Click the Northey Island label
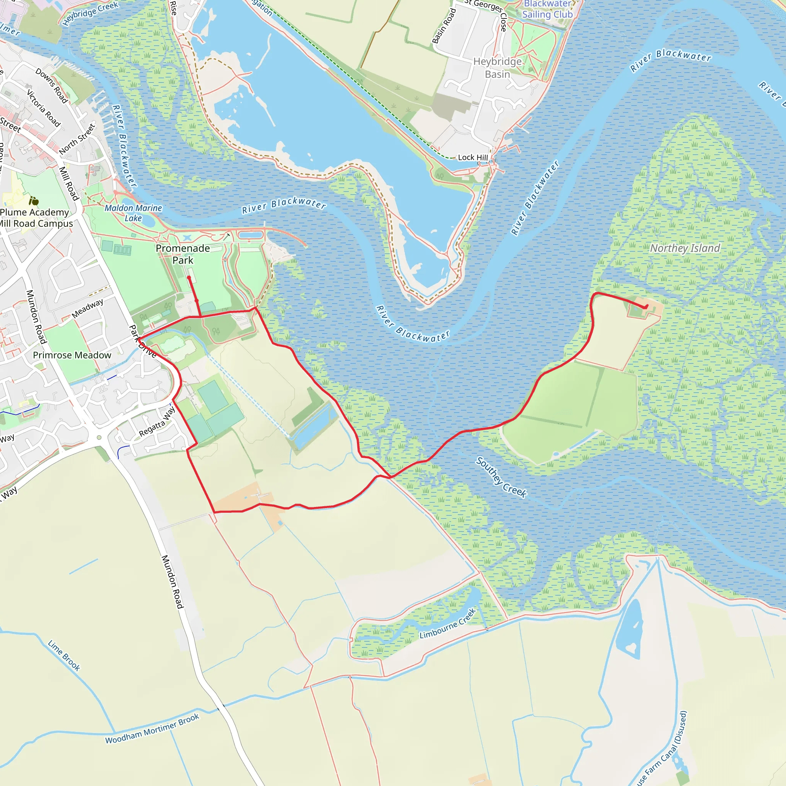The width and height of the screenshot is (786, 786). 685,248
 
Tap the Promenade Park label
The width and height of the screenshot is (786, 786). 183,254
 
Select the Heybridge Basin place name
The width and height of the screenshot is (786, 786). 497,68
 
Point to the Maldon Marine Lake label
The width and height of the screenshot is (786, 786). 134,213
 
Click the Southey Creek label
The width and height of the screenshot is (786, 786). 501,477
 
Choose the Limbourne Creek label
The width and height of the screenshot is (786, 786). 447,624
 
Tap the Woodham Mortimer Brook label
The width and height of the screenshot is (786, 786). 152,729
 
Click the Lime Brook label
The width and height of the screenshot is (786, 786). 64,656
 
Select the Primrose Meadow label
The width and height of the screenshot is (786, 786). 72,355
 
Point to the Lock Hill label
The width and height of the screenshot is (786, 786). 473,157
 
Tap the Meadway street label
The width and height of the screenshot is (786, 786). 88,309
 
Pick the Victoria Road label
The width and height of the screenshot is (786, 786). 43,108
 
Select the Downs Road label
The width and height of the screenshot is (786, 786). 52,86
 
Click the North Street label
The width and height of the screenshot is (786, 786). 77,139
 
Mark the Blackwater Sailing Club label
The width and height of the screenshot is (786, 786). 548,10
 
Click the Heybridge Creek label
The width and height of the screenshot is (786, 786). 90,13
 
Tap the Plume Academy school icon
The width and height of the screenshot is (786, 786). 34,201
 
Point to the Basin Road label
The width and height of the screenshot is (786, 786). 444,26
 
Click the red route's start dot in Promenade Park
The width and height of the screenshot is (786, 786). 189,278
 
